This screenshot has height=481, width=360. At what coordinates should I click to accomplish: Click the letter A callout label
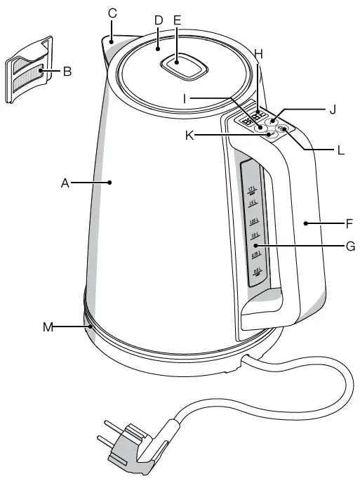click(65, 183)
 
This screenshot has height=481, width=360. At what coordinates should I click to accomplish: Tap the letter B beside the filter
click(67, 70)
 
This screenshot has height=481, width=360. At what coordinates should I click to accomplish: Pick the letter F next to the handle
click(348, 225)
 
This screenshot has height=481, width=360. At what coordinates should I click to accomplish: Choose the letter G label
click(349, 246)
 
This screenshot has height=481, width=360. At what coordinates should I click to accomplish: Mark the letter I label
click(185, 99)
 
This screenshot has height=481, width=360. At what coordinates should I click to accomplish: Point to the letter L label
click(340, 150)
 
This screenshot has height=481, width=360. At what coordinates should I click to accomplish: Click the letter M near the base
click(48, 326)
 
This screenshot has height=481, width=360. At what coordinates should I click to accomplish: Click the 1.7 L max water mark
click(253, 190)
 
